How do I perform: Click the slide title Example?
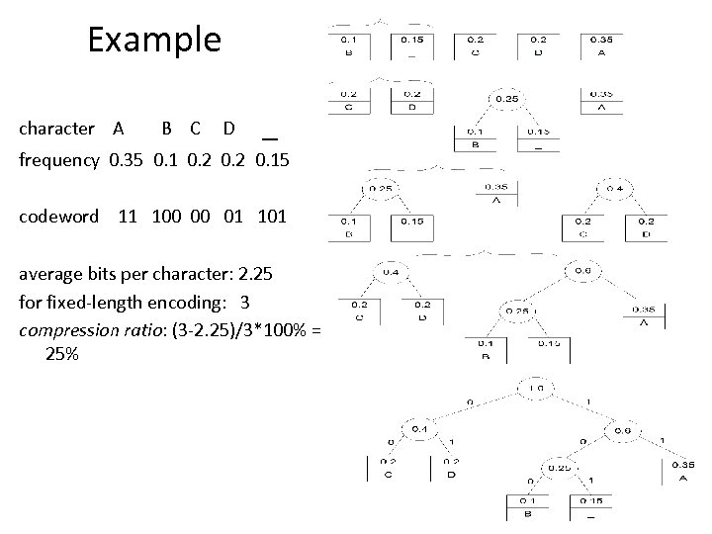(x=153, y=40)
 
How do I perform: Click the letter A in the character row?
(x=119, y=128)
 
